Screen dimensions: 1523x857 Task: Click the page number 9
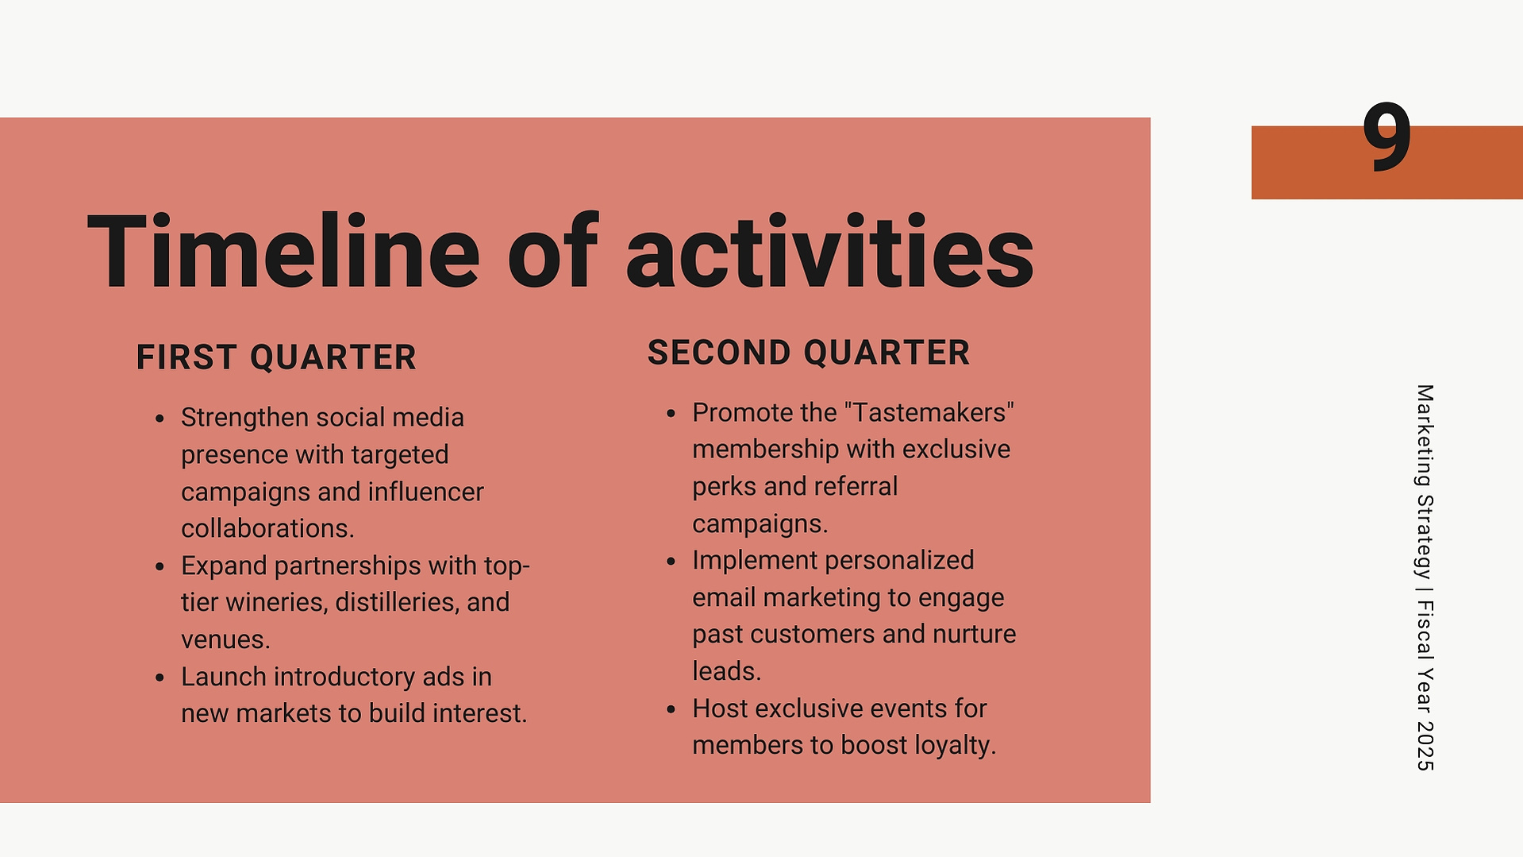pyautogui.click(x=1386, y=137)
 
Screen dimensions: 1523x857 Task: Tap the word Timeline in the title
pyautogui.click(x=283, y=252)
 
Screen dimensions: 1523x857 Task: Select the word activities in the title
pyautogui.click(x=830, y=252)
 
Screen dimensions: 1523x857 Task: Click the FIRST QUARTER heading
pyautogui.click(x=276, y=357)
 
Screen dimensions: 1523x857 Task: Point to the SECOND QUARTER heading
pyautogui.click(x=809, y=353)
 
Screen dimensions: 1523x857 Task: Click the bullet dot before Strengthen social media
pyautogui.click(x=160, y=419)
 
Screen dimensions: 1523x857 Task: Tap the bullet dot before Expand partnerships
pyautogui.click(x=160, y=566)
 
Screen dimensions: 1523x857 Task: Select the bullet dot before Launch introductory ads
pyautogui.click(x=160, y=677)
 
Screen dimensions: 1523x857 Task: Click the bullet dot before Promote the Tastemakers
pyautogui.click(x=671, y=414)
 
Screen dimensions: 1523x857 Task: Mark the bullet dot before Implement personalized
pyautogui.click(x=671, y=562)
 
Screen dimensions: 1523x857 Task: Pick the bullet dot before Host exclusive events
pyautogui.click(x=671, y=709)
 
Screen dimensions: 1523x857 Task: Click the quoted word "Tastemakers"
pyautogui.click(x=929, y=412)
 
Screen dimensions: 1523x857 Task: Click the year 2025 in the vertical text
pyautogui.click(x=1425, y=746)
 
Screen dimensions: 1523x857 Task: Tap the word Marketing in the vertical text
pyautogui.click(x=1425, y=436)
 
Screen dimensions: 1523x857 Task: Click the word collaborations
pyautogui.click(x=267, y=528)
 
